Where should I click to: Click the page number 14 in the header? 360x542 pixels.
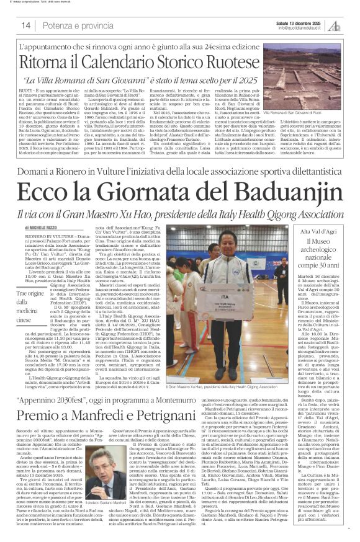click(x=26, y=25)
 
